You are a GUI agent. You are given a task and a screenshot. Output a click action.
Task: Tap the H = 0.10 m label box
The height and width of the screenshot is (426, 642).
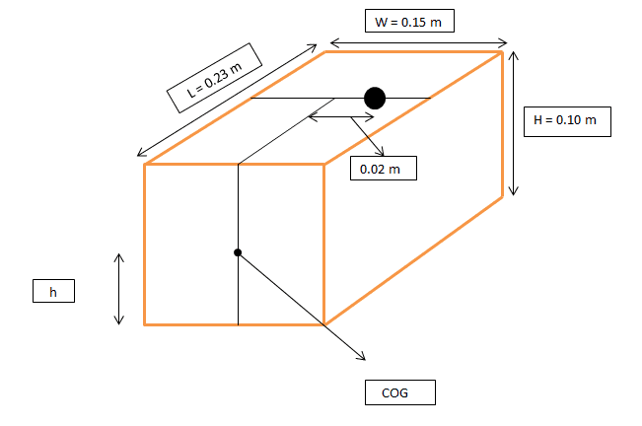tap(565, 120)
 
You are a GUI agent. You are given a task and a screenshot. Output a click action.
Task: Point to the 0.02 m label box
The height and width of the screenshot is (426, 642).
tap(383, 169)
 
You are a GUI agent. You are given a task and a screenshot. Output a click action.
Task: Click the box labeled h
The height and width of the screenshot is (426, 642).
tap(52, 291)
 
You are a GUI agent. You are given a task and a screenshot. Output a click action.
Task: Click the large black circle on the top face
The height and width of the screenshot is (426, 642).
tap(374, 98)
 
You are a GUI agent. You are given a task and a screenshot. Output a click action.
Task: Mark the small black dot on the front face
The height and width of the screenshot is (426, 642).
tap(238, 252)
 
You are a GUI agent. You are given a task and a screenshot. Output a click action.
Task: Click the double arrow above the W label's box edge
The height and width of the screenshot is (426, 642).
tap(418, 42)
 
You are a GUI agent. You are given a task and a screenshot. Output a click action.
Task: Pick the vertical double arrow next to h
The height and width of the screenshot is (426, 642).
tap(119, 289)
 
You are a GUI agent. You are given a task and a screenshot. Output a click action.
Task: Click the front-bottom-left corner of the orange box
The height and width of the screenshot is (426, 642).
tap(145, 323)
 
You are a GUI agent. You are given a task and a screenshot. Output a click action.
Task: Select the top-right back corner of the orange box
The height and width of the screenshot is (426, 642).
tap(503, 52)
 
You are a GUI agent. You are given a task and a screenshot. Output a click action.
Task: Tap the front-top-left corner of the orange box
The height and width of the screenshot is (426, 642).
tap(145, 164)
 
